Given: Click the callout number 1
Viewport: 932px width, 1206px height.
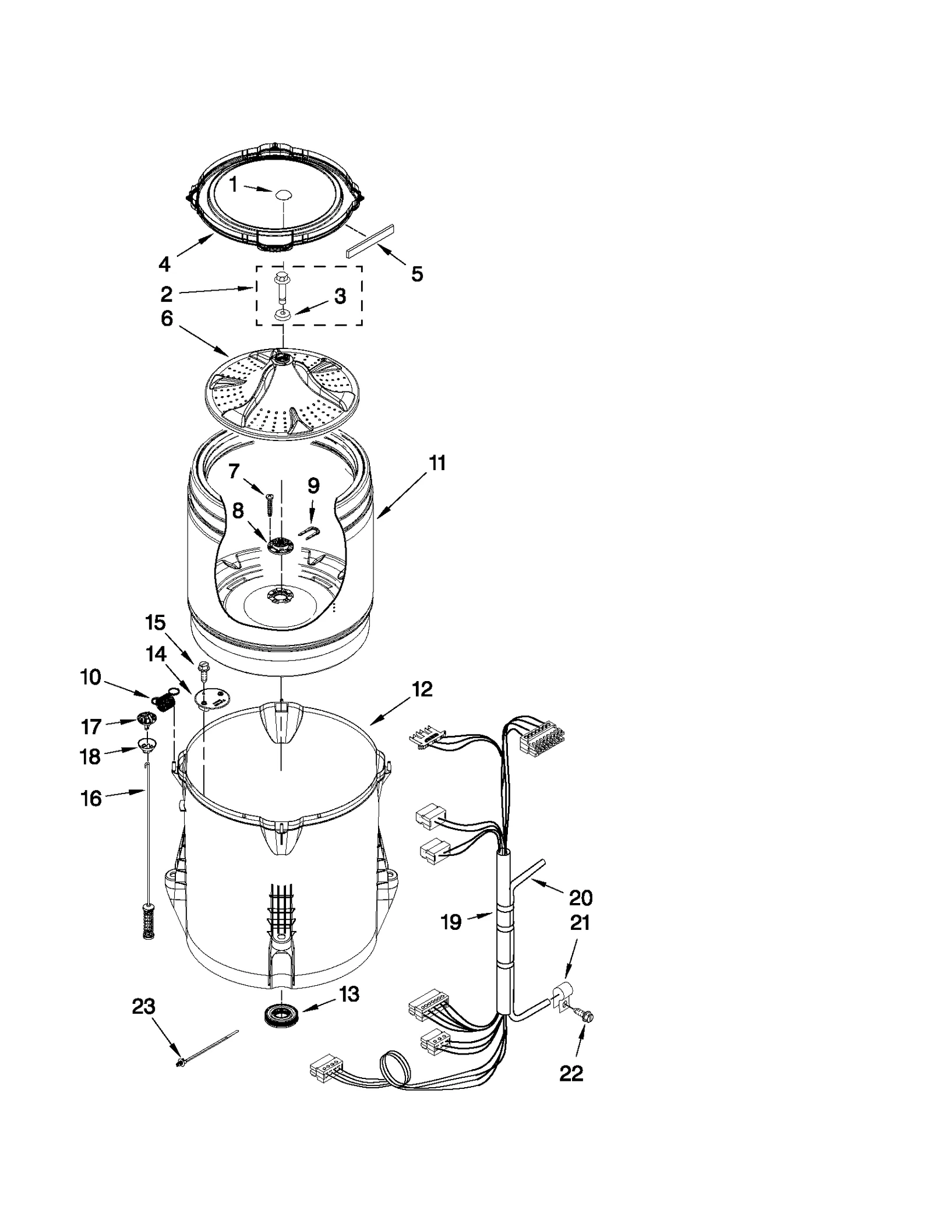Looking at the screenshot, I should click(234, 185).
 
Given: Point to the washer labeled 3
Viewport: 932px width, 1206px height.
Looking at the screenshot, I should click(283, 315).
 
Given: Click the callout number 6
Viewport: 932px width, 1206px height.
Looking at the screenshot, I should click(167, 319).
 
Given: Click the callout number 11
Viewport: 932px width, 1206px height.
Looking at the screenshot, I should click(437, 463).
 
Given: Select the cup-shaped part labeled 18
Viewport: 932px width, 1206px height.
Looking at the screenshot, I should click(148, 744).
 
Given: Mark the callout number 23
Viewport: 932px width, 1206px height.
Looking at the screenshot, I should click(144, 1006).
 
